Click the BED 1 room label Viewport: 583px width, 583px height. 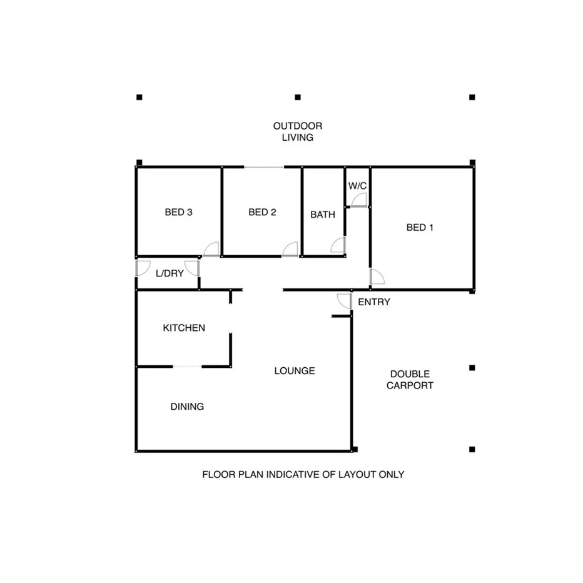[x=420, y=228]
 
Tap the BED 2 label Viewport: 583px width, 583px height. [x=262, y=213]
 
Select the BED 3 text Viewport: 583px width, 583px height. [x=178, y=213]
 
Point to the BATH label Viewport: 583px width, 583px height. [x=323, y=215]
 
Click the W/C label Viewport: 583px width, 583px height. [x=357, y=186]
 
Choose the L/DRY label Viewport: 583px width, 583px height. [x=169, y=273]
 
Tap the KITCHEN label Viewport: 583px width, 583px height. [x=184, y=328]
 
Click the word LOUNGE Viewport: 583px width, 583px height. [x=295, y=371]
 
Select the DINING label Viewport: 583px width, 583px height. [x=187, y=407]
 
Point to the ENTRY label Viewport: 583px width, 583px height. [x=374, y=303]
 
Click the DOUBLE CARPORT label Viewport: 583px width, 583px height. [x=410, y=380]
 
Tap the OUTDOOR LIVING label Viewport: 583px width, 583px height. [x=297, y=132]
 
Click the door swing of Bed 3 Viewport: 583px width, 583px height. [x=211, y=249]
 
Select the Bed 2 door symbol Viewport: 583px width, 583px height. [x=290, y=249]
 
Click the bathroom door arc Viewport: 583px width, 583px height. [x=338, y=245]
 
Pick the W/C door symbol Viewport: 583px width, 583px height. [x=358, y=200]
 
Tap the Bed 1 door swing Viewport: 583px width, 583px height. [x=377, y=276]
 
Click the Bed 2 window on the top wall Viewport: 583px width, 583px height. [x=263, y=167]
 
